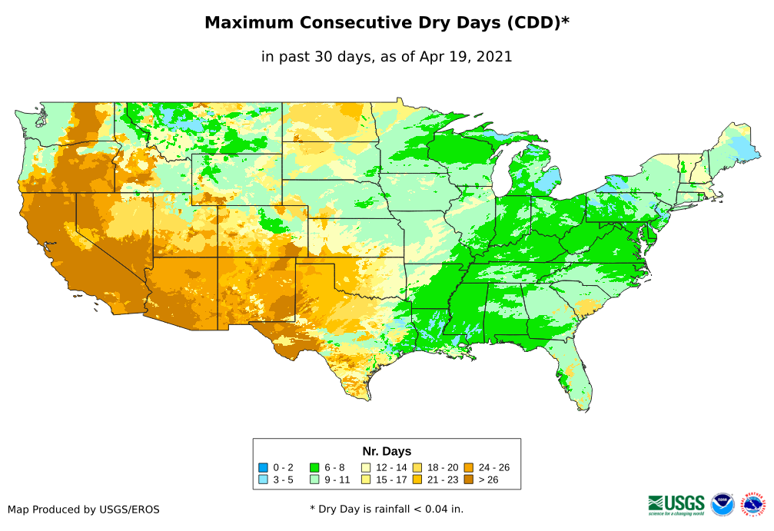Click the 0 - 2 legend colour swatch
tap(263, 467)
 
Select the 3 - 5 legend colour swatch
tap(263, 480)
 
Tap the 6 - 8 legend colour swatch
tap(314, 467)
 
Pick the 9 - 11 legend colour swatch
tap(314, 480)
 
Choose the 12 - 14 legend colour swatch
tap(366, 467)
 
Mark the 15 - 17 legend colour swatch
tap(366, 480)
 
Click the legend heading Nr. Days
tap(387, 451)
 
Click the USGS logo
tap(676, 504)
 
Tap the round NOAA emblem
tap(723, 504)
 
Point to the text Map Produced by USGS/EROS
tap(84, 509)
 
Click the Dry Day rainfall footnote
tap(387, 509)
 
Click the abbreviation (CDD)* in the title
tap(537, 23)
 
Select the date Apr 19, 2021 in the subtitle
tap(465, 57)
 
